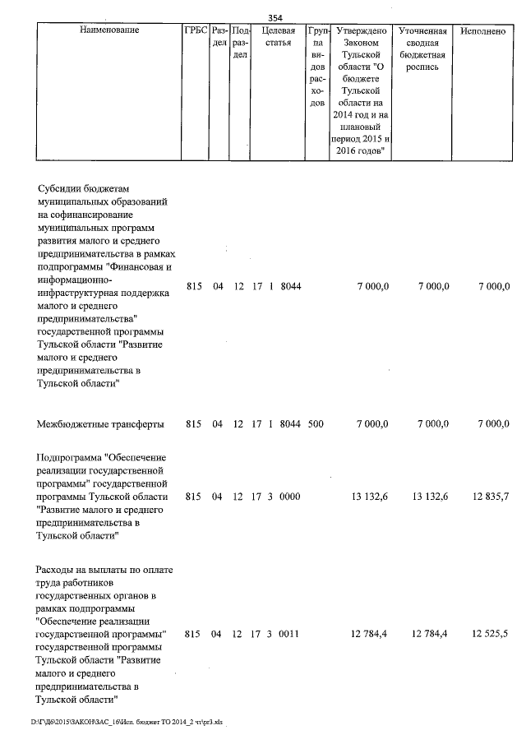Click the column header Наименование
109,30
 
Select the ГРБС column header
196,30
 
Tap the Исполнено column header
483,30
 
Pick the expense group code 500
316,424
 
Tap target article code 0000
291,497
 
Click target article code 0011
291,634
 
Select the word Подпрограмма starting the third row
72,457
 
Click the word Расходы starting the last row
57,570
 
